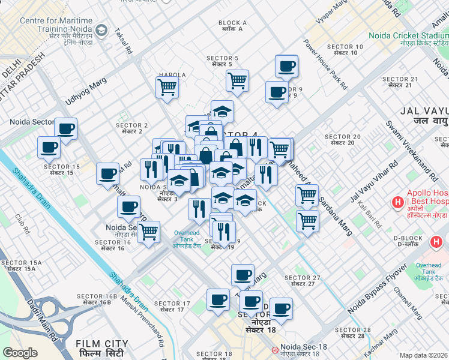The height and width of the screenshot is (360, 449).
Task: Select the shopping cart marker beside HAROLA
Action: point(167,86)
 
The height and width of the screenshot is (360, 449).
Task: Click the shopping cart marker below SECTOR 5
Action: point(238,79)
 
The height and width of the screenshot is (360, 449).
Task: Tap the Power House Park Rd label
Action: point(325,65)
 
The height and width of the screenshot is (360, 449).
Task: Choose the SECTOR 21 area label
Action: point(400,82)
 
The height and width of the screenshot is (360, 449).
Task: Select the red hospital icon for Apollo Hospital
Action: point(397,203)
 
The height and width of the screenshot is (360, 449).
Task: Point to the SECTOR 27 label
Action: point(303,280)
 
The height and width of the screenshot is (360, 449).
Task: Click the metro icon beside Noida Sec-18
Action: point(275,349)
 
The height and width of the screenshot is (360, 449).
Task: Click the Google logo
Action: point(20,352)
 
